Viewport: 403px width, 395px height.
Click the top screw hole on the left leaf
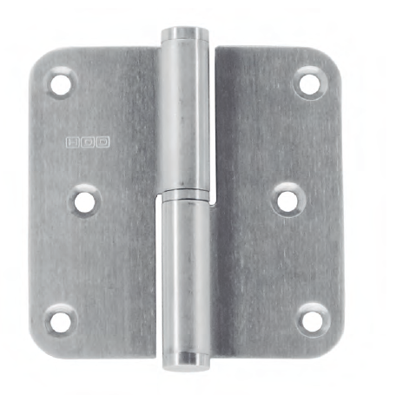pyautogui.click(x=60, y=84)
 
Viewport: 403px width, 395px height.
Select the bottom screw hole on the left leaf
pyautogui.click(x=60, y=320)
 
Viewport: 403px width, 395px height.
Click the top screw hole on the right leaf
pyautogui.click(x=309, y=82)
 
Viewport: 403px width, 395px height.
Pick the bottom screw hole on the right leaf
pyautogui.click(x=310, y=319)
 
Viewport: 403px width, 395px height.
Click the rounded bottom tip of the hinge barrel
pyautogui.click(x=187, y=357)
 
